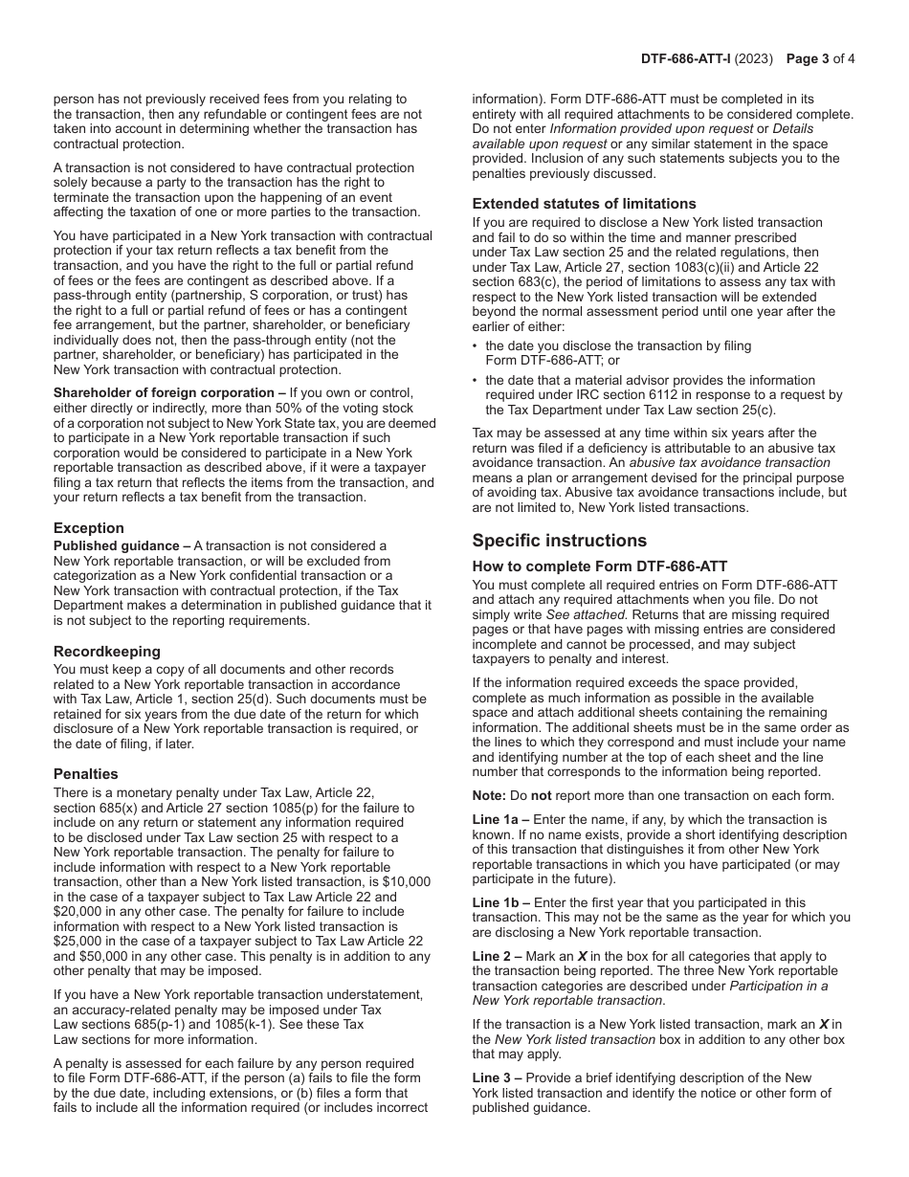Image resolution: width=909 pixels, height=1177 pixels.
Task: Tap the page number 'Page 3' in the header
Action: pos(807,58)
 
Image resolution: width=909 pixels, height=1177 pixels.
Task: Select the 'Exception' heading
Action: pos(89,528)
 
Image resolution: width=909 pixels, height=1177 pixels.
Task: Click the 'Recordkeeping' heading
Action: pos(106,652)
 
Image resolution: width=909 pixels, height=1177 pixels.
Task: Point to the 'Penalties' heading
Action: pos(86,774)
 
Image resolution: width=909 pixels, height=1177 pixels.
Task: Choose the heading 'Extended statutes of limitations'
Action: pos(584,204)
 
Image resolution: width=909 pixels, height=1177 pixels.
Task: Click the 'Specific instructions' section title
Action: pos(559,541)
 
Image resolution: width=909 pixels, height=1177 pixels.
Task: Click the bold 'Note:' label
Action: pos(490,796)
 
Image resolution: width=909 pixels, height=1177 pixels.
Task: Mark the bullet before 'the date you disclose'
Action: pos(476,346)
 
